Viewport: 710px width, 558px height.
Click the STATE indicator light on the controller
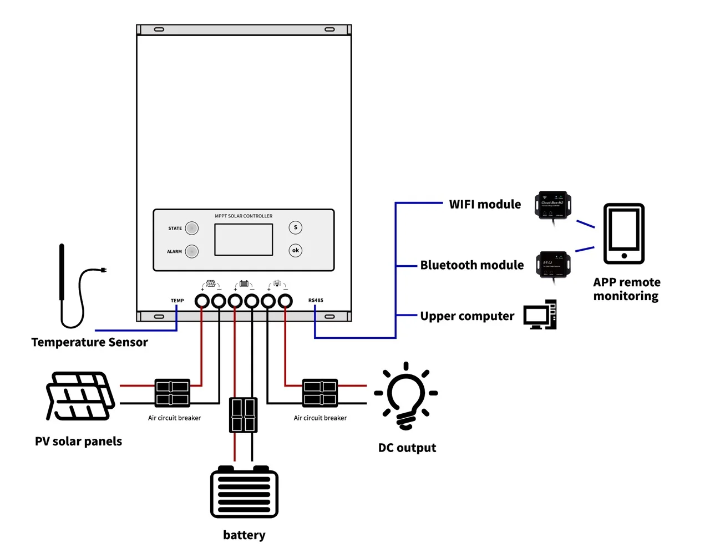tap(192, 228)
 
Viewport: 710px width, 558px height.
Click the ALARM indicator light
tap(192, 251)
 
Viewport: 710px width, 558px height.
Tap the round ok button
tap(296, 250)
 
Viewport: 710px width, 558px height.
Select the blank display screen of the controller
tap(244, 240)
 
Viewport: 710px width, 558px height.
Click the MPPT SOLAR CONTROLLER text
tap(244, 216)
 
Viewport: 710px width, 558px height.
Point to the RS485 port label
tap(316, 301)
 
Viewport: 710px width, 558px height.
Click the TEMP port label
tap(177, 301)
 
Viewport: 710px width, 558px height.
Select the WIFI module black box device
tap(552, 205)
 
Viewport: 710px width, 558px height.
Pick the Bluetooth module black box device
tap(553, 265)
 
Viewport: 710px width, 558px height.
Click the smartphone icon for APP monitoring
tap(624, 234)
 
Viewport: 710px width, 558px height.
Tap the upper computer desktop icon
tap(540, 315)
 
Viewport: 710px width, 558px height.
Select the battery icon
tap(244, 491)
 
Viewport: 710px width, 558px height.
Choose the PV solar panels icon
tap(80, 395)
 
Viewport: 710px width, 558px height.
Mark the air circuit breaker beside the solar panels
tap(172, 393)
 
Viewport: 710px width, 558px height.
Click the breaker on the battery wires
tap(243, 415)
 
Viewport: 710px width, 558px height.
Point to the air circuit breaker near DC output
tap(320, 393)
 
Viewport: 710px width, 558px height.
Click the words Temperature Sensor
tap(89, 342)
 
